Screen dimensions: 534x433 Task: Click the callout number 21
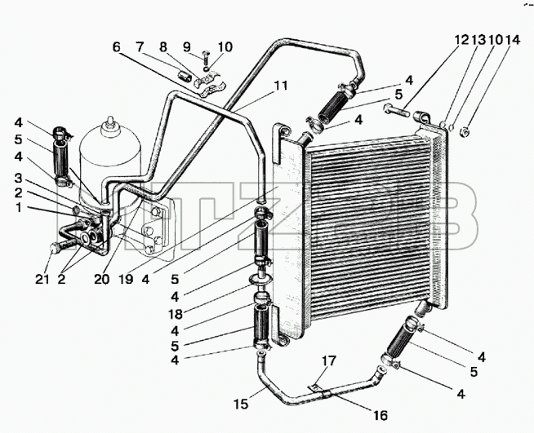[x=42, y=279]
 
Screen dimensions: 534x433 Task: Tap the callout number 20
[x=102, y=279]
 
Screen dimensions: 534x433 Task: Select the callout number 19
[x=125, y=279]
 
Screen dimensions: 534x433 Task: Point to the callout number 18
[x=176, y=314]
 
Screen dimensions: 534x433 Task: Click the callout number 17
[x=329, y=361]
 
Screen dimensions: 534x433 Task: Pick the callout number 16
[x=380, y=415]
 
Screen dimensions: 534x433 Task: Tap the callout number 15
[x=241, y=404]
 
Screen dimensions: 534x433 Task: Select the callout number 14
[x=513, y=40]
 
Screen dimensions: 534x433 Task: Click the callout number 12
[x=462, y=40]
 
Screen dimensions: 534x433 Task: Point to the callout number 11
[x=282, y=86]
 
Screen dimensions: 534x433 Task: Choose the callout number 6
[x=117, y=47]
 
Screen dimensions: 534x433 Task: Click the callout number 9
[x=187, y=47]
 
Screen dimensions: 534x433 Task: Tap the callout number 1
[x=19, y=207]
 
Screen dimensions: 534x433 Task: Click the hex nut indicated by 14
[x=465, y=130]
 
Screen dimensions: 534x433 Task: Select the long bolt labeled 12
[x=396, y=110]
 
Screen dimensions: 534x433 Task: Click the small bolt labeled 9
[x=206, y=59]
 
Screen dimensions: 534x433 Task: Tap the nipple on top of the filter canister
[x=109, y=122]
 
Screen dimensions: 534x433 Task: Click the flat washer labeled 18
[x=260, y=279]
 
